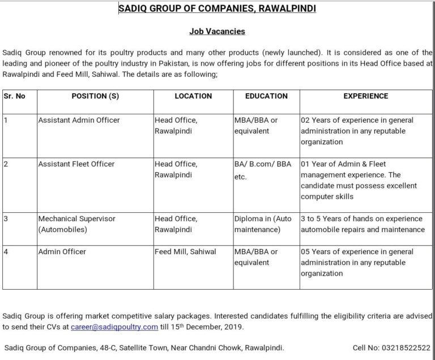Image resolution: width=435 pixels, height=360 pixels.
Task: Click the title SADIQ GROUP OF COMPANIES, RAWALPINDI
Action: (x=217, y=8)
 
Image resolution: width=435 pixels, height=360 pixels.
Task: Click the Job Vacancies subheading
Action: (x=217, y=32)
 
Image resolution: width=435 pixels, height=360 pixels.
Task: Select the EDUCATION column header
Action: (x=266, y=96)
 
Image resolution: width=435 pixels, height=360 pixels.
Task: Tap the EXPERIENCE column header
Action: (x=365, y=96)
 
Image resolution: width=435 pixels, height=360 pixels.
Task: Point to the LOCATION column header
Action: (x=193, y=96)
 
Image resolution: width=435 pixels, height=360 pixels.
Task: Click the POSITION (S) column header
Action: (x=95, y=96)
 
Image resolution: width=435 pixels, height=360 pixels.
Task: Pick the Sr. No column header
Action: (x=15, y=96)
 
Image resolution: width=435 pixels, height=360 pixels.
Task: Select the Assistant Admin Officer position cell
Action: (x=79, y=121)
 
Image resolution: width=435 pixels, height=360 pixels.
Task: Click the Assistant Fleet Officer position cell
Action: (x=76, y=164)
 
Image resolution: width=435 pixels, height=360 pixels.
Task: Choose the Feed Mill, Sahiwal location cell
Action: (x=185, y=251)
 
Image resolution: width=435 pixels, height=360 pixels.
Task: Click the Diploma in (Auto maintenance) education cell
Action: (x=263, y=224)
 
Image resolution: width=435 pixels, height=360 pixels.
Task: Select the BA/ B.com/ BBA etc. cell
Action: (x=263, y=170)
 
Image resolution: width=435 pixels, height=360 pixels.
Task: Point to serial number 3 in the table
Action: (x=5, y=218)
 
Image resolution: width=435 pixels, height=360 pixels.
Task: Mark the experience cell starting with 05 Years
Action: (x=357, y=262)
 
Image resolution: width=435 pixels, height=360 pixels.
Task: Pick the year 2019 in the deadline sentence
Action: (x=235, y=327)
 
